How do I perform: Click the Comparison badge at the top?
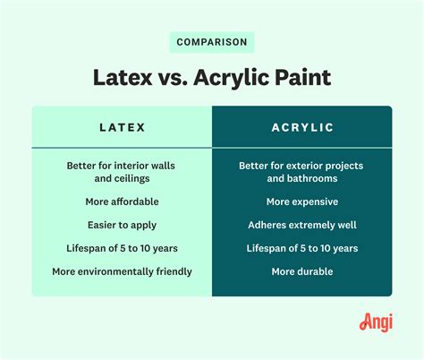point(211,42)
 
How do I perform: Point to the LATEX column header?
point(122,128)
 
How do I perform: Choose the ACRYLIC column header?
point(302,128)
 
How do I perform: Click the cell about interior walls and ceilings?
point(122,172)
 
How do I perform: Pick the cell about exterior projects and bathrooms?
point(301,172)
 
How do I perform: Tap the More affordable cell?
point(122,201)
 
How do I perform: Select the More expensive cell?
point(301,201)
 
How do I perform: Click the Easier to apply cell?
point(122,225)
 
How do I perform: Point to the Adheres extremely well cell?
point(301,225)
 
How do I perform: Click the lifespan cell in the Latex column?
point(122,248)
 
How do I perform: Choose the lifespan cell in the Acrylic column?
point(301,248)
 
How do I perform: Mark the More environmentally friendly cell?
point(122,271)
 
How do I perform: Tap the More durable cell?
point(301,271)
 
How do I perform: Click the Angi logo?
point(376,321)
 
